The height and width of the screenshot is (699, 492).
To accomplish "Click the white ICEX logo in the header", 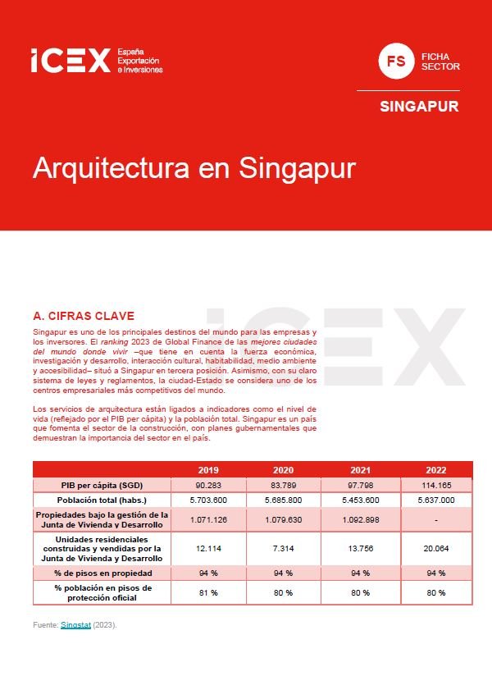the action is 97,61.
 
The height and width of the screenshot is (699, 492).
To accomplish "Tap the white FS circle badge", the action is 396,61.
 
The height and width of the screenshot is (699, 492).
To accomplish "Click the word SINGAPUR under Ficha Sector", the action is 419,106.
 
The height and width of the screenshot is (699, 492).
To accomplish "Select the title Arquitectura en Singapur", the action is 194,168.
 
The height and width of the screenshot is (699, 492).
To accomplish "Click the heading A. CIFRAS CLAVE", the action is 84,316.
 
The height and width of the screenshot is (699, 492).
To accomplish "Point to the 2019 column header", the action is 208,470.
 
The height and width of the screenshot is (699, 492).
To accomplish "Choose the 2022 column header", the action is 436,470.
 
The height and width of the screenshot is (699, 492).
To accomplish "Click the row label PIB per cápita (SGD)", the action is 102,485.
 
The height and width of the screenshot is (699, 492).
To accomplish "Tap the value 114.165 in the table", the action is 436,485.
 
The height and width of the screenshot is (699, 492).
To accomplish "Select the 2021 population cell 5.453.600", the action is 361,500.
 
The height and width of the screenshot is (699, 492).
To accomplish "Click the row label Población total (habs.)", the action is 102,500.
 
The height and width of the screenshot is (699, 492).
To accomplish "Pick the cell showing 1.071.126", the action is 208,520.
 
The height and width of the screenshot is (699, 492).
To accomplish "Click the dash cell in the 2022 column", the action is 436,520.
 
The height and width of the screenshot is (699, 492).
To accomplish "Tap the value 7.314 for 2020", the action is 283,548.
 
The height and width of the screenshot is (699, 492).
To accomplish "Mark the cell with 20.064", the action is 436,548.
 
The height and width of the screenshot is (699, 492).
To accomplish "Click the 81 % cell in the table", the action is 208,592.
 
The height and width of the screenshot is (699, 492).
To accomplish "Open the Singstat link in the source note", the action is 75,625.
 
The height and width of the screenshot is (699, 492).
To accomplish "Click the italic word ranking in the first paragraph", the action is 114,342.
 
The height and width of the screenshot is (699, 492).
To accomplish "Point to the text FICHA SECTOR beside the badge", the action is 440,62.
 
